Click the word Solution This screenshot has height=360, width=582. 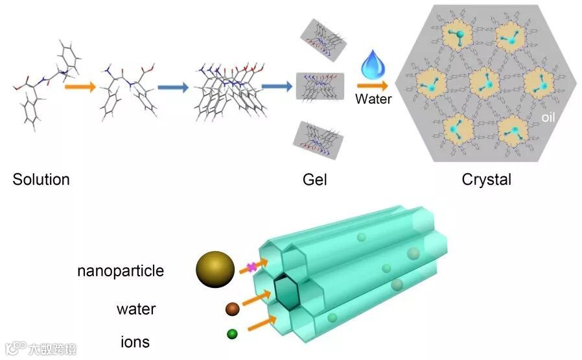click(x=41, y=180)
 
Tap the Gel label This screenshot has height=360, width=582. click(x=314, y=180)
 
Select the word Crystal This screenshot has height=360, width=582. click(x=487, y=180)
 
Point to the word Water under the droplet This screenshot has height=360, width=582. click(x=373, y=100)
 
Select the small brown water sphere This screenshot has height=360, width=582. click(x=232, y=309)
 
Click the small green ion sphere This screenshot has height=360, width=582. click(x=232, y=335)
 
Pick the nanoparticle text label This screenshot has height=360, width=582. click(x=121, y=271)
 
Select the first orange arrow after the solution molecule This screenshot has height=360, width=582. click(x=79, y=86)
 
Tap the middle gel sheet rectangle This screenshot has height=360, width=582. click(x=320, y=86)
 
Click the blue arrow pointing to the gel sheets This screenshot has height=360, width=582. click(x=275, y=86)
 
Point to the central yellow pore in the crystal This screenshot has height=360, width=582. click(x=482, y=82)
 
